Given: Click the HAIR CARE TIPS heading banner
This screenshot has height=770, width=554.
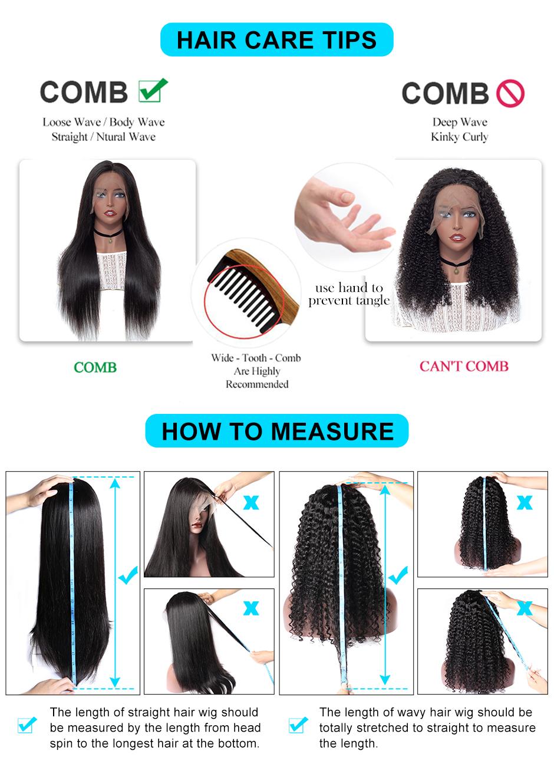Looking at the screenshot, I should [x=276, y=40].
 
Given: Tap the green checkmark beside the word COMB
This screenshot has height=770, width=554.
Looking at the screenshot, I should [x=153, y=90].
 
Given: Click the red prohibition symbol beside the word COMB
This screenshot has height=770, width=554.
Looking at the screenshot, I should [x=510, y=93].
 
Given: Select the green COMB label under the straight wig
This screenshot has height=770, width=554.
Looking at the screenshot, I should [x=95, y=367].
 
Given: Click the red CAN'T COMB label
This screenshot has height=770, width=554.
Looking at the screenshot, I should [x=464, y=366].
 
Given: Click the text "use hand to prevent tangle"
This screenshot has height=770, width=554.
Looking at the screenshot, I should [x=349, y=294].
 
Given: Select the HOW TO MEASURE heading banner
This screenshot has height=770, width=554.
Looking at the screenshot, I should [x=277, y=431].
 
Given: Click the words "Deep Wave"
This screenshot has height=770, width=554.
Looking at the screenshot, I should [x=460, y=122].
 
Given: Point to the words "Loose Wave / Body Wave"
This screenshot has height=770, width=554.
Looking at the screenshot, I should [x=104, y=122].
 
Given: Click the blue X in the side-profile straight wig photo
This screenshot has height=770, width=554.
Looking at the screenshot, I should [x=251, y=503].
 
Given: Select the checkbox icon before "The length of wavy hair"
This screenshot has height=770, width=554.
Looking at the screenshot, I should [x=298, y=725].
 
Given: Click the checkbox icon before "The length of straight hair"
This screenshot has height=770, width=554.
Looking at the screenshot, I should [x=27, y=725].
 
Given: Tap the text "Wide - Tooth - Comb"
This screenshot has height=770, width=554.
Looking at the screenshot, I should [x=256, y=358].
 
